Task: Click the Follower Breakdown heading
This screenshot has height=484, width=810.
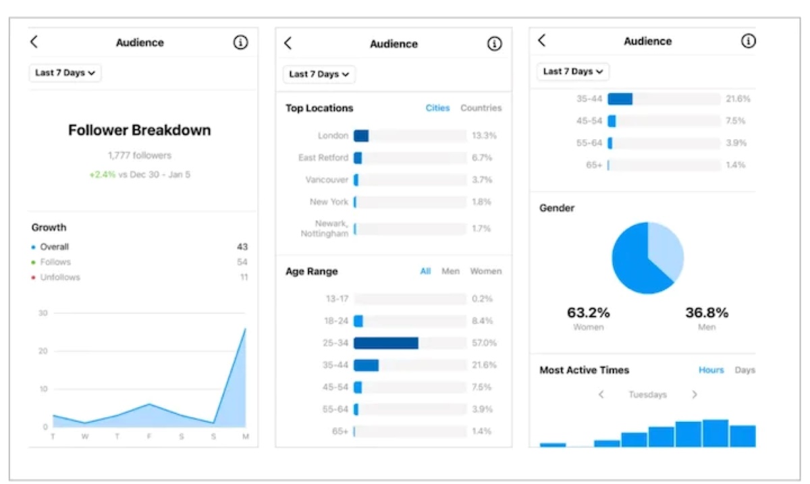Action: click(139, 130)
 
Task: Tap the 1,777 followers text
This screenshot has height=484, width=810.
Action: click(140, 155)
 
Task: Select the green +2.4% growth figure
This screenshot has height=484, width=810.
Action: click(102, 174)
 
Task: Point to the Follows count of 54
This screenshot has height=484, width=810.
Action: click(242, 262)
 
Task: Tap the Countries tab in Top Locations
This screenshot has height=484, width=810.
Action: click(481, 108)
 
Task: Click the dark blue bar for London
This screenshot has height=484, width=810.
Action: click(361, 136)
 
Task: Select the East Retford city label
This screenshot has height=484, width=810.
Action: click(323, 158)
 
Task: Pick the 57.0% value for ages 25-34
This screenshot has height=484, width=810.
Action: click(483, 343)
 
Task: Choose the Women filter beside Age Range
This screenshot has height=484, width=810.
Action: click(485, 271)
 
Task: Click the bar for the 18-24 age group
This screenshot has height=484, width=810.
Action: click(358, 321)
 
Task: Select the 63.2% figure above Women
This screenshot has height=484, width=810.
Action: click(588, 313)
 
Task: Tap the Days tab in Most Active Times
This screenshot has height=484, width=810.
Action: click(745, 370)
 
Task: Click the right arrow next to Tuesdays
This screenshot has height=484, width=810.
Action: click(695, 394)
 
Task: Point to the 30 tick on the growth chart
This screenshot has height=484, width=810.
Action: click(43, 313)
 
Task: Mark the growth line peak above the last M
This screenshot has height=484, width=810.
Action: click(245, 329)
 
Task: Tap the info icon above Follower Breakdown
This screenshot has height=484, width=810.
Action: click(240, 43)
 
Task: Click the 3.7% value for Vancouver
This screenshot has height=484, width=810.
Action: click(482, 180)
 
